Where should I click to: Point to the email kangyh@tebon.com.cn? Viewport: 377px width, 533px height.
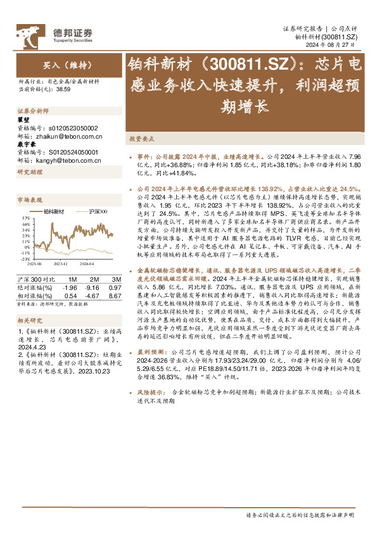point(68,160)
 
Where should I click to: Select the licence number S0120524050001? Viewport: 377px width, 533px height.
point(75,153)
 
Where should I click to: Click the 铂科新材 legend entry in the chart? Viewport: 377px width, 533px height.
point(54,210)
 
